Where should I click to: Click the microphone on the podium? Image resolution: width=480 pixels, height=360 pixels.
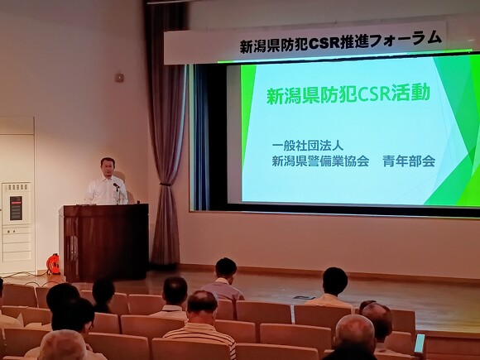tap(117, 185)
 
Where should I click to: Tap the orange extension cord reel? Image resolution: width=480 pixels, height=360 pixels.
tap(53, 264)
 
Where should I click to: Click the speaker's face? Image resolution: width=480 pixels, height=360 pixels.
tap(108, 168)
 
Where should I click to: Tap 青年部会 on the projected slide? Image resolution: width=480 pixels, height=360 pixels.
tap(409, 161)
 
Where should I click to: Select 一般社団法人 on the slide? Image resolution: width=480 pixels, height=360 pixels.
tap(308, 146)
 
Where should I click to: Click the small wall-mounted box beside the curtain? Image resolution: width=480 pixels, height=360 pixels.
tap(119, 77)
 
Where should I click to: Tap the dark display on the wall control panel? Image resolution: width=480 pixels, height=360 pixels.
tap(16, 209)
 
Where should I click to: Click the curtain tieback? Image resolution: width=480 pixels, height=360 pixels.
tap(166, 185)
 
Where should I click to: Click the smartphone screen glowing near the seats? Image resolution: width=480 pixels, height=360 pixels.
tap(419, 343)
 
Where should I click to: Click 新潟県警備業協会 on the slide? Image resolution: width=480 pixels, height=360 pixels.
tap(320, 161)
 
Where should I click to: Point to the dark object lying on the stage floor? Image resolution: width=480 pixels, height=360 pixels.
tap(304, 298)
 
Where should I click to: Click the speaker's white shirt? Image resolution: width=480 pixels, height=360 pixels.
tap(106, 191)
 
